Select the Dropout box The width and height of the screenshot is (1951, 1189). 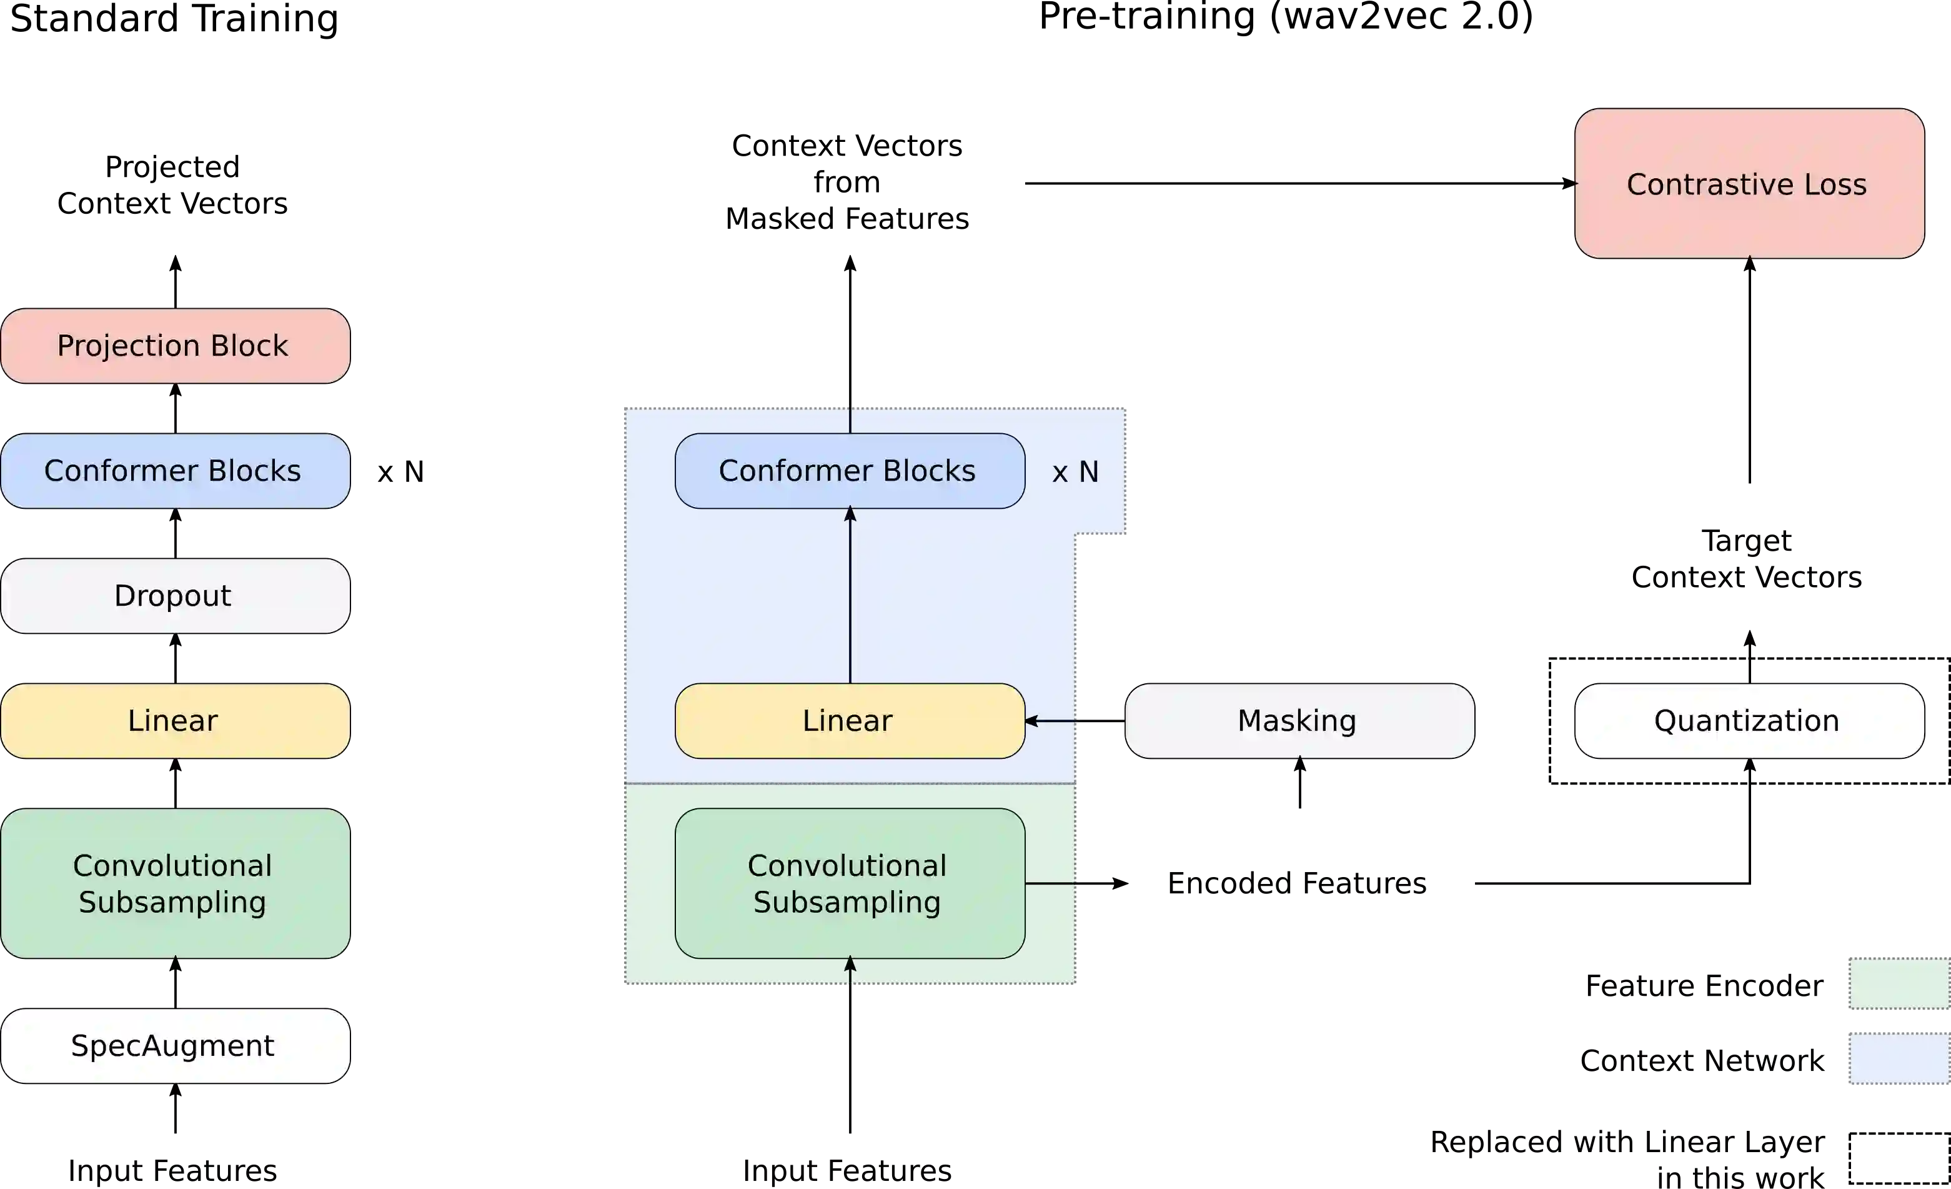pyautogui.click(x=175, y=596)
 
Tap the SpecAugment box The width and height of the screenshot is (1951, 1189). pyautogui.click(x=175, y=1046)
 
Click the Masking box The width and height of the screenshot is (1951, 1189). pyautogui.click(x=1299, y=721)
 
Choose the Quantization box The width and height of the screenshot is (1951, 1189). pyautogui.click(x=1749, y=721)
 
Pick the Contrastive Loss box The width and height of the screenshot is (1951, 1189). pyautogui.click(x=1749, y=184)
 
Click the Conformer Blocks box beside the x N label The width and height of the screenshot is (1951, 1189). pyautogui.click(x=849, y=471)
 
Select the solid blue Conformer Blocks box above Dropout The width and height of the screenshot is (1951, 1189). pyautogui.click(x=175, y=471)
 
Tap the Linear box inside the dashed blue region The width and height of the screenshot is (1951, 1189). pyautogui.click(x=849, y=721)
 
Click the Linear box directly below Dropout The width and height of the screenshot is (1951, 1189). pyautogui.click(x=175, y=721)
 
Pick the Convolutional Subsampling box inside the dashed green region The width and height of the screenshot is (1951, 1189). pyautogui.click(x=849, y=883)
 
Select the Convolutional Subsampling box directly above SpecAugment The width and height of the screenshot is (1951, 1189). pyautogui.click(x=175, y=883)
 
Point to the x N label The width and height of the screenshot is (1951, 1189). pyautogui.click(x=1075, y=472)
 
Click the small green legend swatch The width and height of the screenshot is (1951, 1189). pyautogui.click(x=1899, y=983)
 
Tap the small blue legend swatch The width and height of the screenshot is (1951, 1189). pyautogui.click(x=1899, y=1058)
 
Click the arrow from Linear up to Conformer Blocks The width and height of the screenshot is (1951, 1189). pyautogui.click(x=850, y=594)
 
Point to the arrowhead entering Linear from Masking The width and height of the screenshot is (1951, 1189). pyautogui.click(x=1031, y=721)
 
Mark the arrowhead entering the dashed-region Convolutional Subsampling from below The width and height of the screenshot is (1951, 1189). pyautogui.click(x=850, y=964)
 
